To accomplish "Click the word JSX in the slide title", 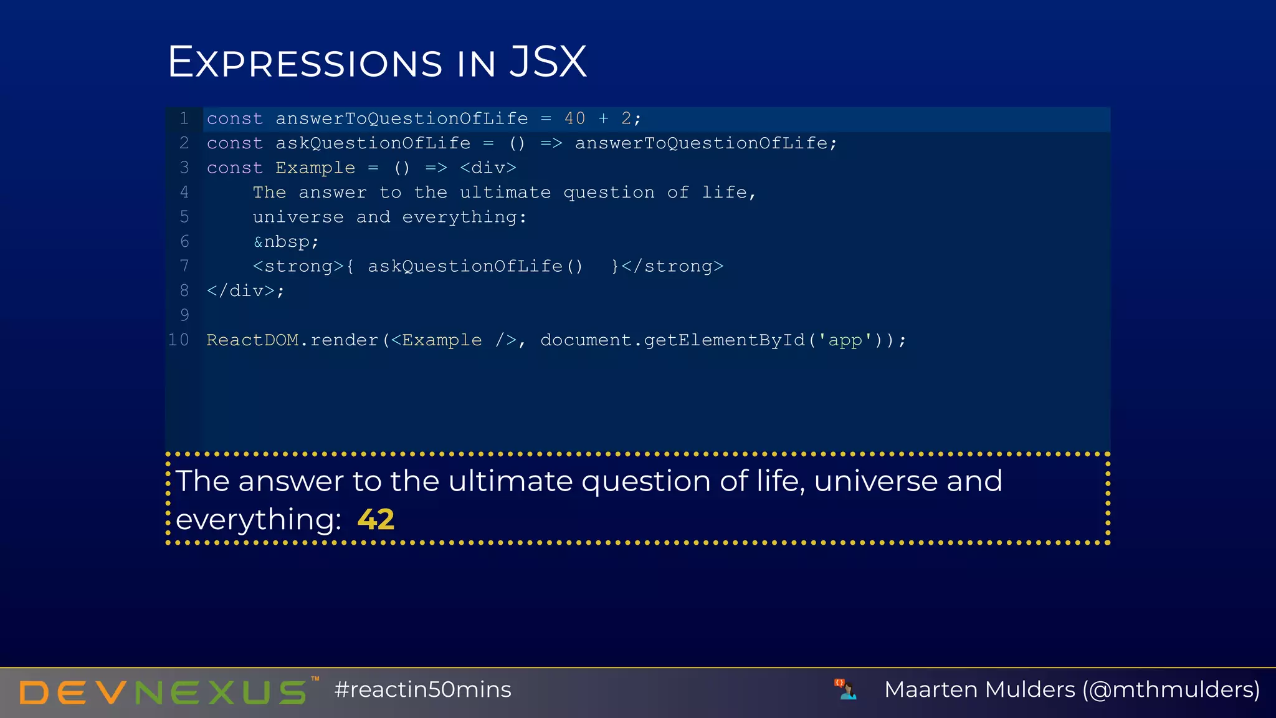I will point(548,62).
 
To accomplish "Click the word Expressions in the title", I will point(305,62).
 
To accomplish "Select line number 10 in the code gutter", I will point(178,340).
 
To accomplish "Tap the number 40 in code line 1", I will point(574,118).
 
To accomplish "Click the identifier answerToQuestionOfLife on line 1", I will point(401,118).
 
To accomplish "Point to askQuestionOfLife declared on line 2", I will point(373,143).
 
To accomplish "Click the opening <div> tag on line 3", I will point(488,168).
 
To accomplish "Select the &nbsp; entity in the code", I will point(286,242).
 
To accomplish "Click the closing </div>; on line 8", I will point(245,291).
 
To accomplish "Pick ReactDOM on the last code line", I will point(252,340).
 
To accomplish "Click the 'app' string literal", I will point(845,340).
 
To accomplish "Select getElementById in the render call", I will point(724,340).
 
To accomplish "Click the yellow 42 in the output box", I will point(376,519).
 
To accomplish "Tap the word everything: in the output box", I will point(258,519).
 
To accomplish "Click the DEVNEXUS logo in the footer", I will point(163,692).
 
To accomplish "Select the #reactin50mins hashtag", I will point(422,689).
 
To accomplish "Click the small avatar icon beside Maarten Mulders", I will point(845,689).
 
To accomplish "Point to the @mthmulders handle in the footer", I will point(1171,689).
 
